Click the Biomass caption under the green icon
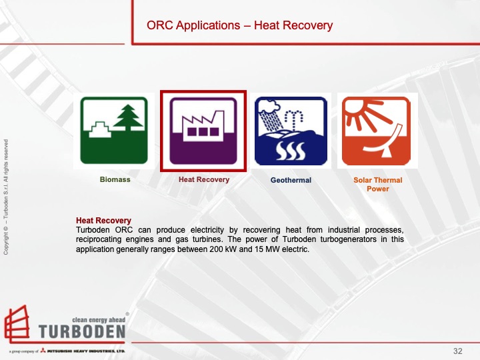[115, 180]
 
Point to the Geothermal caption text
[291, 180]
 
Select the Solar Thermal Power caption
[377, 184]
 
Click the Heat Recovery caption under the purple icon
[203, 180]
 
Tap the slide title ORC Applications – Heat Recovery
[239, 26]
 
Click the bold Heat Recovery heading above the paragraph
[103, 221]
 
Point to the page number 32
[457, 351]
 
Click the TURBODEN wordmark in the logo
[81, 331]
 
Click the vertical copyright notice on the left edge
[6, 197]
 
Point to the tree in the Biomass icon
[129, 120]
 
